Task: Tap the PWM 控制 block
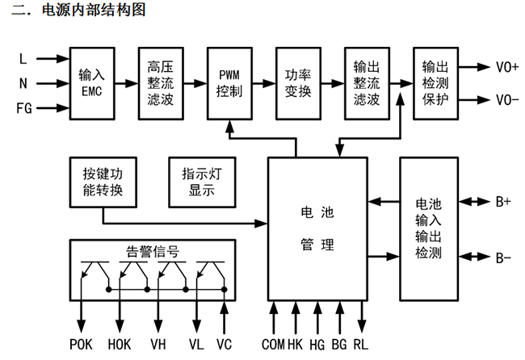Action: pos(229,83)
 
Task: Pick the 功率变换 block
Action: pos(298,83)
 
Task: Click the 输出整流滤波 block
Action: pos(367,83)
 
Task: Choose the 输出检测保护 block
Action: pos(435,83)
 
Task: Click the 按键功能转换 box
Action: pos(102,182)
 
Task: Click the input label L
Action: pos(23,58)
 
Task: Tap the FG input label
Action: pos(25,107)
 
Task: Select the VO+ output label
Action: pos(508,68)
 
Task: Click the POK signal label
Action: pos(82,345)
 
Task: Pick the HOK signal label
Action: pos(120,345)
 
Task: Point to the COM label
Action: pos(273,345)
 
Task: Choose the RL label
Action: pos(361,345)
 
